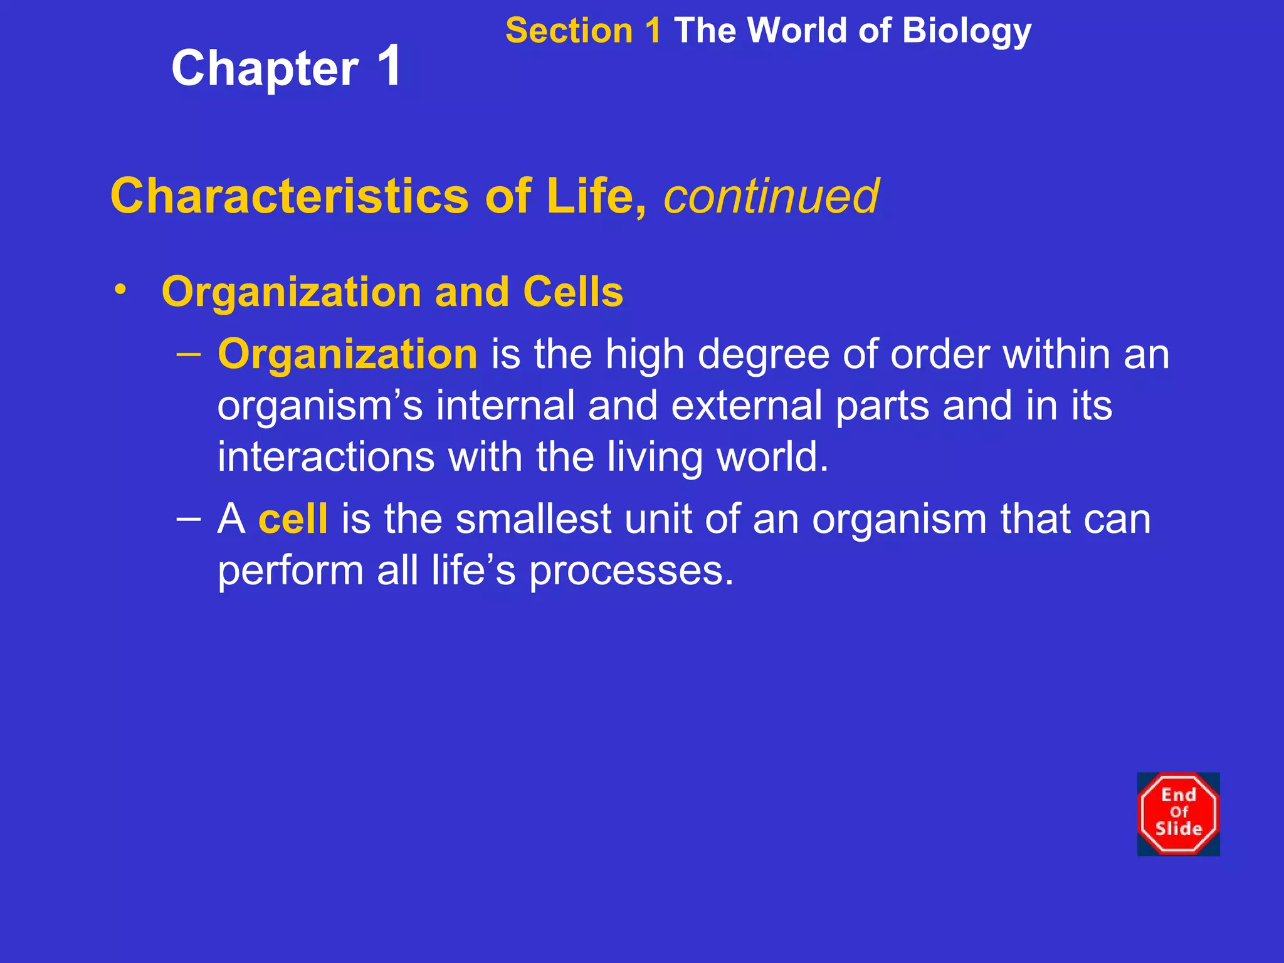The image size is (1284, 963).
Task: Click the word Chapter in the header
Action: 265,69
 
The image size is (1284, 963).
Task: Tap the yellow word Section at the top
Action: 568,31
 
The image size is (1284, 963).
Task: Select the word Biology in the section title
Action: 967,31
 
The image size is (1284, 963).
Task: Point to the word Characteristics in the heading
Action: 289,196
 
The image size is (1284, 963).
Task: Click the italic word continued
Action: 771,196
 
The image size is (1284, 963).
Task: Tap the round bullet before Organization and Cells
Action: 120,290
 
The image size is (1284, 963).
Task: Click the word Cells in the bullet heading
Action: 573,292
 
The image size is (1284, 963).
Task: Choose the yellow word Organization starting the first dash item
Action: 347,354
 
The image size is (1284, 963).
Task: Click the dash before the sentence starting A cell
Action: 189,518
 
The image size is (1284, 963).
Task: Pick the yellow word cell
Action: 293,519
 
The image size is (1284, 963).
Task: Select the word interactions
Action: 326,456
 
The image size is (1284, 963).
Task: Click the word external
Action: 746,406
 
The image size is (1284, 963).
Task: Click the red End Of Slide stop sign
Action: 1178,814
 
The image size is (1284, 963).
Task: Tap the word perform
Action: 290,572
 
